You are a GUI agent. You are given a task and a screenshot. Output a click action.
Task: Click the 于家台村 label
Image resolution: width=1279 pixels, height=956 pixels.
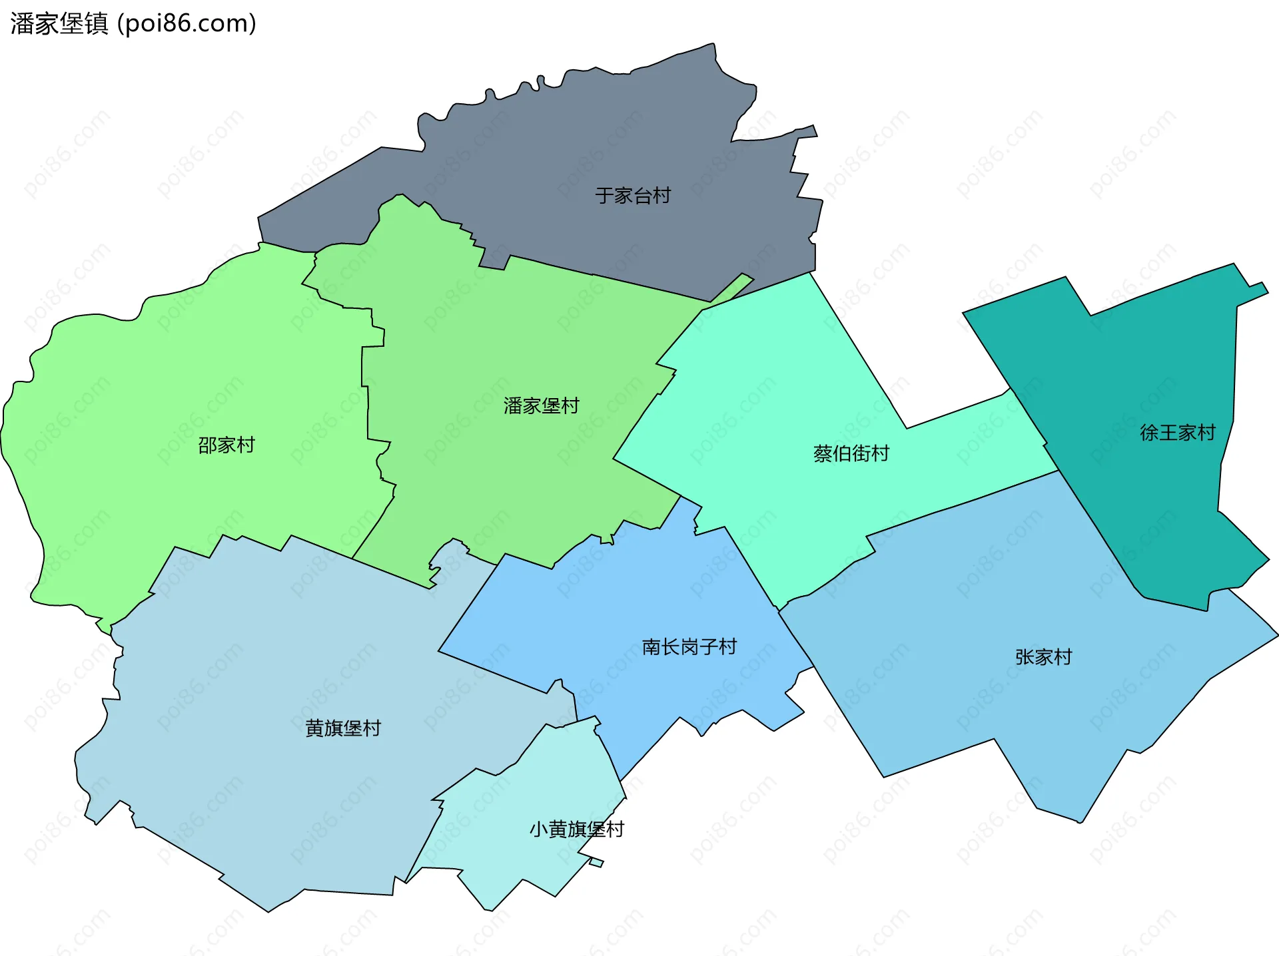coord(632,196)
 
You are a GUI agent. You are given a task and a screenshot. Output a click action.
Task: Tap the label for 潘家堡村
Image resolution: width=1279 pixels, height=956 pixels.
coord(541,405)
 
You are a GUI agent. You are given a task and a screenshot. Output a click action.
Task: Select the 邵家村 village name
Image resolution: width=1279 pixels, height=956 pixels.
coord(226,445)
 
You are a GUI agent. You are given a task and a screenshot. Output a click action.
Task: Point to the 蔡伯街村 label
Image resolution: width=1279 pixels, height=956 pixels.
coord(851,453)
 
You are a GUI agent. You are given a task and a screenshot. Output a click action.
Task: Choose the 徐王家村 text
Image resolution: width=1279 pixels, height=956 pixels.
coord(1177,433)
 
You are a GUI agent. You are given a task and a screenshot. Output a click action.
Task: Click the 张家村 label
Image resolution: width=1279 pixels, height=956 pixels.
coord(1043,657)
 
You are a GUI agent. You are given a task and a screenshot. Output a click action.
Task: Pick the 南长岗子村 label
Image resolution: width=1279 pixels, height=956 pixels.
coord(689,646)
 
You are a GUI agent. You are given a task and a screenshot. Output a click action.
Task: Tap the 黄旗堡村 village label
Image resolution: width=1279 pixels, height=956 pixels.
coord(342,728)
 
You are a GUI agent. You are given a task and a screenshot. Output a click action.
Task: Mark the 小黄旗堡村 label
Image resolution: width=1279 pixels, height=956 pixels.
coord(576,829)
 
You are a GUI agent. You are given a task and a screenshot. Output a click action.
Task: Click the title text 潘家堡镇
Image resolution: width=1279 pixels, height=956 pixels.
coord(59,24)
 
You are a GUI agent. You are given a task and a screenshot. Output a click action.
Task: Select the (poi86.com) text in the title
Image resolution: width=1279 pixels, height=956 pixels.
coord(187,24)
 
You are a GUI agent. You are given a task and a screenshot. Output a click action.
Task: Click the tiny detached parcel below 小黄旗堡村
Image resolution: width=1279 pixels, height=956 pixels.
coord(596,863)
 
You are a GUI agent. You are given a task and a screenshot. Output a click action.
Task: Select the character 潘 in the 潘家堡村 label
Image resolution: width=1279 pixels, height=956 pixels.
coord(513,405)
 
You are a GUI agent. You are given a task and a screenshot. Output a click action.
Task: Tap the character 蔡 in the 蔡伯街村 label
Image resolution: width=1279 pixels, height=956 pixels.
coord(823,453)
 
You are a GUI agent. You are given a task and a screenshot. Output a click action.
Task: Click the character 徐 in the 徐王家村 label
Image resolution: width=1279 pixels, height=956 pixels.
coord(1149,433)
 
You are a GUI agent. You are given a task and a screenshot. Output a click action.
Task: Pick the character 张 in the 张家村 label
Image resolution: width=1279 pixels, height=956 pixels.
coord(1025,657)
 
